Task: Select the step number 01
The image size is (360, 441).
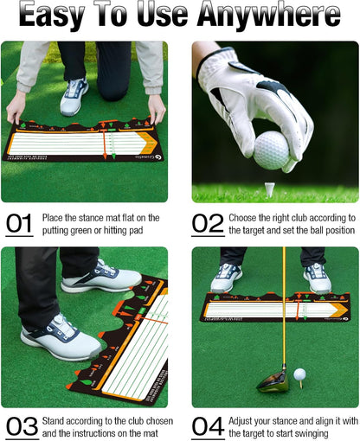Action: coord(18,225)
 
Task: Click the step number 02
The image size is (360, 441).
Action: coord(208,225)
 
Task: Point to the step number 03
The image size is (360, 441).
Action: coord(20,425)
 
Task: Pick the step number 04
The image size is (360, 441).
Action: coord(208,425)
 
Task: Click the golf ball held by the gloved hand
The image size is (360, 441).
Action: coord(271,149)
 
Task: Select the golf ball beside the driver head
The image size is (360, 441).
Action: coord(299,374)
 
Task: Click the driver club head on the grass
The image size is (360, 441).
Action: coord(271,379)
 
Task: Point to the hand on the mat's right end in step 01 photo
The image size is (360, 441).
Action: coord(157,108)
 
